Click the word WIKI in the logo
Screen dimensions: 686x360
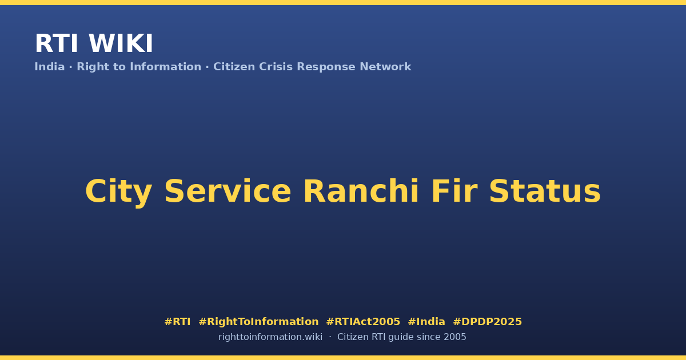pyautogui.click(x=121, y=43)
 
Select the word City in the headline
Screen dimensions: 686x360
pyautogui.click(x=118, y=192)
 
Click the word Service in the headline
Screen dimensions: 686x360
pyautogui.click(x=228, y=191)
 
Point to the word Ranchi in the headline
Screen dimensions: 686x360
pyautogui.click(x=361, y=191)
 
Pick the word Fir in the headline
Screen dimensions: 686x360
pyautogui.click(x=454, y=191)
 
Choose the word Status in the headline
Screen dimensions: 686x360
pyautogui.click(x=545, y=191)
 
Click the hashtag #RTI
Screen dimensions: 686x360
pyautogui.click(x=177, y=322)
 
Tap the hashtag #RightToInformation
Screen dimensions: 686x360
pyautogui.click(x=258, y=322)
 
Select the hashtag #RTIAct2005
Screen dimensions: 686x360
pyautogui.click(x=363, y=322)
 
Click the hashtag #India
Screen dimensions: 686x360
pyautogui.click(x=426, y=322)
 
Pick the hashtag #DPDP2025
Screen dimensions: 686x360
pyautogui.click(x=487, y=322)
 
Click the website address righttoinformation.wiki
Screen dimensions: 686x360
pyautogui.click(x=270, y=337)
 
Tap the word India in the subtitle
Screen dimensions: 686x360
pyautogui.click(x=50, y=67)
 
